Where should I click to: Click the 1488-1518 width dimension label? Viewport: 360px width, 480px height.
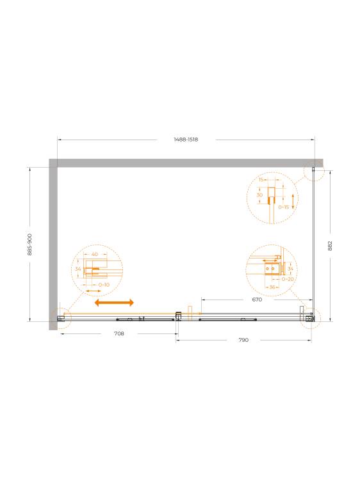[x=186, y=140]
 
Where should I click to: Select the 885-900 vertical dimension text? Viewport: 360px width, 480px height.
[x=29, y=244]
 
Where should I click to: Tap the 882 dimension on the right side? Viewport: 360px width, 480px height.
[x=330, y=246]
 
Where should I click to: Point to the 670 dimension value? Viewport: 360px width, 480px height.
[x=257, y=300]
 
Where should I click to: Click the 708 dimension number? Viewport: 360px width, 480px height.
[x=119, y=333]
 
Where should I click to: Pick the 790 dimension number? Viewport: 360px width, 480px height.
[x=243, y=340]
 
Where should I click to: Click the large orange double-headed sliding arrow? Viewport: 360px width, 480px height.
[x=114, y=303]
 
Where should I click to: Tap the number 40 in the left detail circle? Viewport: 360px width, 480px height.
[x=95, y=254]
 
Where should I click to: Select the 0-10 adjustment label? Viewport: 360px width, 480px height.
[x=104, y=285]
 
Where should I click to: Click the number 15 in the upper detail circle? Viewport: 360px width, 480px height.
[x=261, y=180]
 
